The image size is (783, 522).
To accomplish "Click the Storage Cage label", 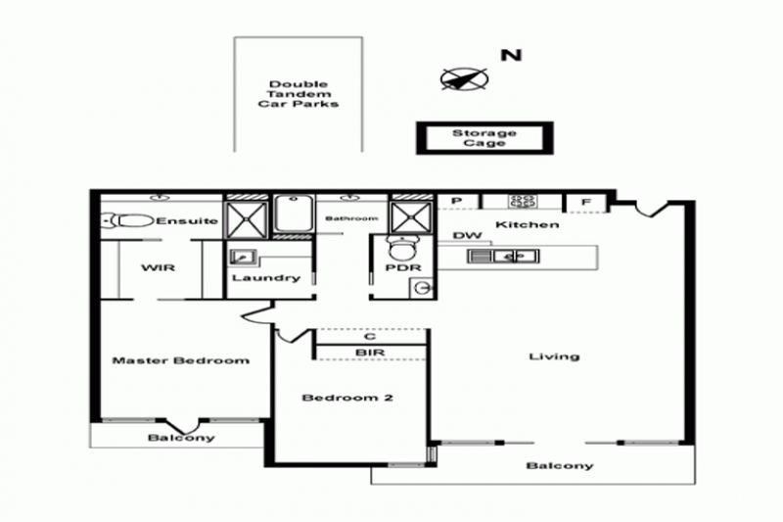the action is pos(484,138).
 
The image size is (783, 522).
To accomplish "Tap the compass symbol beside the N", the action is pos(464,79).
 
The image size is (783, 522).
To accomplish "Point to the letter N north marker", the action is pos(511,55).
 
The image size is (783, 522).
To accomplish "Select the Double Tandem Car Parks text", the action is pos(299,94).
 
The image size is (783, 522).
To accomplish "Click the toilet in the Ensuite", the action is pos(128,220).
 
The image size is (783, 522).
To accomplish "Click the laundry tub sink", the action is pos(242,258).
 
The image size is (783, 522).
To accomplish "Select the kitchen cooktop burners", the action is pos(523,202).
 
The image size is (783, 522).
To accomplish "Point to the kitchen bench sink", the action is pos(503,257).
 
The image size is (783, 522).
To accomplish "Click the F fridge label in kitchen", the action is pos(586,203).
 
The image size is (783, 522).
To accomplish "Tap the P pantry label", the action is pos(456,201).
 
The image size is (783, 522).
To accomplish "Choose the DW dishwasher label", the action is pos(468,235).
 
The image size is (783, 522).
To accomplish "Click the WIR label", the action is pos(158,267).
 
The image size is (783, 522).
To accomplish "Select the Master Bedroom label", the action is pos(181,360).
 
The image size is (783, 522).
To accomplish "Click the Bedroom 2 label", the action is pos(347,398).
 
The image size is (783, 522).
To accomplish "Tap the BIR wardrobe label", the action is pos(370,353).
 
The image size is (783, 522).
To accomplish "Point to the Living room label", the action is pos(554,356).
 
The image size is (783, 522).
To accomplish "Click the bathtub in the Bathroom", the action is pos(294,214).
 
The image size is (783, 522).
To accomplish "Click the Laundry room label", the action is pos(266,278).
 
